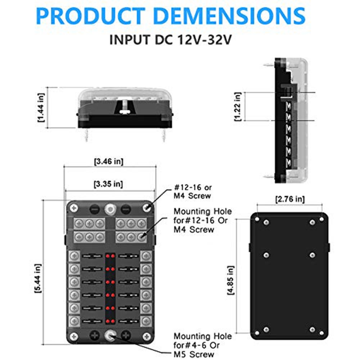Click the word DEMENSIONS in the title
click(230, 16)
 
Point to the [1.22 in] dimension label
click(237, 107)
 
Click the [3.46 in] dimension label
click(108, 162)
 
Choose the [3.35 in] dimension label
click(108, 184)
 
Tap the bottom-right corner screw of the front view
click(146, 337)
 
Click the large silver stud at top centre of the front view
click(109, 208)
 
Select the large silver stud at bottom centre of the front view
click(109, 336)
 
